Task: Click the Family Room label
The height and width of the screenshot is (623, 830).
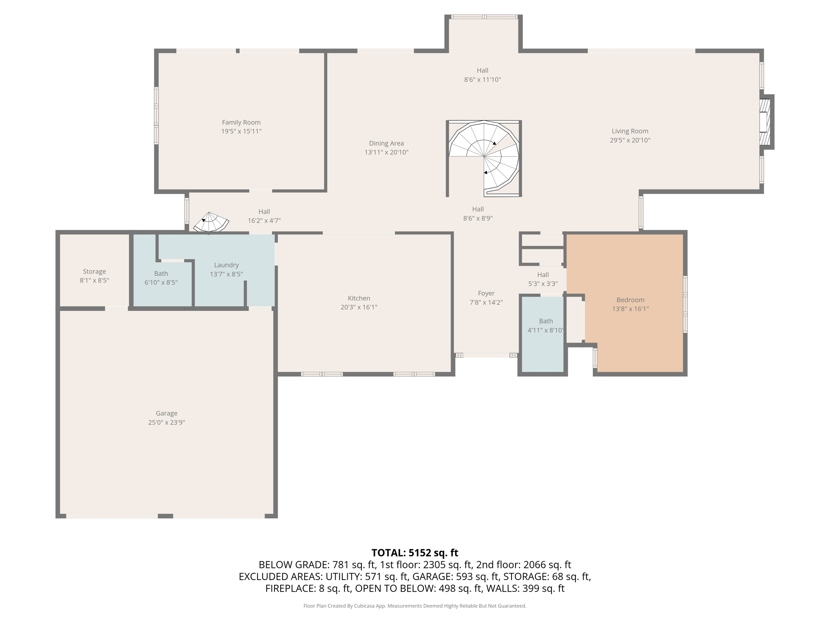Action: pos(241,122)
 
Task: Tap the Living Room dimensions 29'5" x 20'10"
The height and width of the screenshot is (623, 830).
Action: pos(630,140)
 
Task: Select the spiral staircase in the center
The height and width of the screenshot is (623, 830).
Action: pos(484,156)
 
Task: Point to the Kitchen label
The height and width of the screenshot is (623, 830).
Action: pos(359,298)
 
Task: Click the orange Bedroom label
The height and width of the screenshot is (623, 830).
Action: pos(630,300)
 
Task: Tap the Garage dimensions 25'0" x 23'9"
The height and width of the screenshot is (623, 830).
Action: pos(167,422)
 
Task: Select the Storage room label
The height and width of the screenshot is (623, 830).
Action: pos(94,272)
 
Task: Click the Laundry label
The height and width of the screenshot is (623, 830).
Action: pos(226,265)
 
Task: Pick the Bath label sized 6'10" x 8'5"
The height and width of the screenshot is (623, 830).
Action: pos(161,274)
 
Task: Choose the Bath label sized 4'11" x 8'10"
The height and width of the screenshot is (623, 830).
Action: pos(546,321)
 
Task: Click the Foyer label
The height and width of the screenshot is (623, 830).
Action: pos(486,293)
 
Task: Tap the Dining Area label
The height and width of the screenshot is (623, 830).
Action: pos(386,144)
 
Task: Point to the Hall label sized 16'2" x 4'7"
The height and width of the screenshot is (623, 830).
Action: pos(264,212)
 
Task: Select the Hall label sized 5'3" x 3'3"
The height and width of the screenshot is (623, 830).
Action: pos(543,275)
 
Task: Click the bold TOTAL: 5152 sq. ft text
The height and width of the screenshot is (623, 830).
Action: pos(415,553)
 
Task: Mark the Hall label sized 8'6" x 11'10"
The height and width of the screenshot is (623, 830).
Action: pos(482,71)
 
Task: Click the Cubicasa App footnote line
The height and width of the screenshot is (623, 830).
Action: pos(415,606)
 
